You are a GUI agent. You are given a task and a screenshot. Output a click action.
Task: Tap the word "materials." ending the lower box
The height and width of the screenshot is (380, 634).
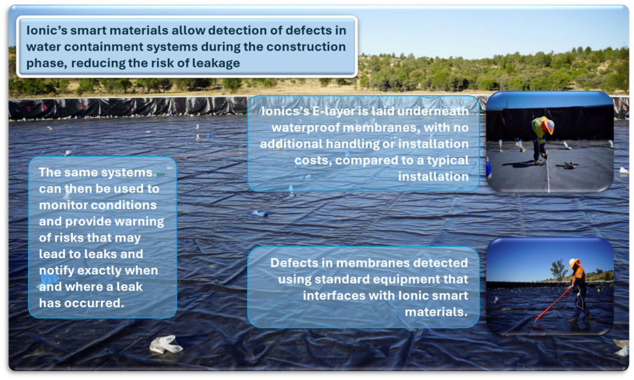[x=436, y=312]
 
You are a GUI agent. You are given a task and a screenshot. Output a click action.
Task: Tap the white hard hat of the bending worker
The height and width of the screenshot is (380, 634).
[x=549, y=126]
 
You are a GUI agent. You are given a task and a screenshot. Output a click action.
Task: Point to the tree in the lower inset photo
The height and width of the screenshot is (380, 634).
[x=558, y=269]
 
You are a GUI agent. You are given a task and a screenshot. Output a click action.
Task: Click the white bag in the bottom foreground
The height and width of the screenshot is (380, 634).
[x=165, y=345]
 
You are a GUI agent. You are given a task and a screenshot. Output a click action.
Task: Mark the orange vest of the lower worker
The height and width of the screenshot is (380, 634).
[x=578, y=275]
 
